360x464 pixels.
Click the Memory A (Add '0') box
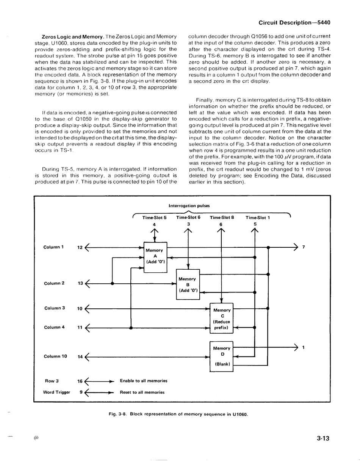point(155,257)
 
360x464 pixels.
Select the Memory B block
point(188,284)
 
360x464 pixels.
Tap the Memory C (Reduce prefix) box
point(222,319)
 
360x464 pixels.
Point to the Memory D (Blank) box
point(221,356)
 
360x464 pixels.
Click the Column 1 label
point(54,247)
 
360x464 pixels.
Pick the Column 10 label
point(55,356)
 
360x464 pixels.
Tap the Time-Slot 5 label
point(154,218)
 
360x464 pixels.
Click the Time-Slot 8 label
point(222,218)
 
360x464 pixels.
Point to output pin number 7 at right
point(304,247)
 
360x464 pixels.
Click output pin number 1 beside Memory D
point(304,347)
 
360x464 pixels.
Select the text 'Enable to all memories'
point(143,381)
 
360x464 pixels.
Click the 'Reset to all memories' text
point(142,392)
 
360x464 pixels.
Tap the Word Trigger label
point(57,392)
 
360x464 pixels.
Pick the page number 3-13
point(323,439)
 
